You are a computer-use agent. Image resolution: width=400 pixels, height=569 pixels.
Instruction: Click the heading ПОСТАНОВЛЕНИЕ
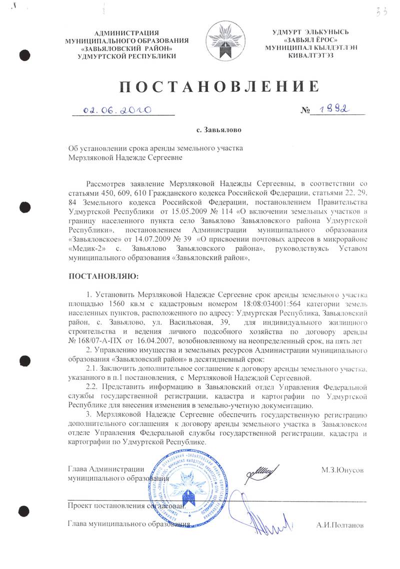[x=219, y=86]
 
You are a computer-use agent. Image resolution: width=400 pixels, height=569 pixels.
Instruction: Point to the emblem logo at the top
[x=227, y=42]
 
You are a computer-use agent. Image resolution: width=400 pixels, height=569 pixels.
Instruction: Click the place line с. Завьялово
[x=219, y=131]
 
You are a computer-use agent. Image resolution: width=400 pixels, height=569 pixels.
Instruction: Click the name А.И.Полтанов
[x=340, y=525]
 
